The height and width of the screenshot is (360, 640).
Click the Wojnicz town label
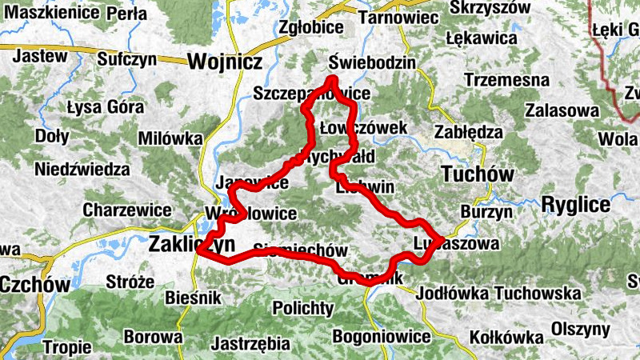coord(213,61)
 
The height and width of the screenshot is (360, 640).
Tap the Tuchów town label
coord(477,173)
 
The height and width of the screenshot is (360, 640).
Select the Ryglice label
coord(575,204)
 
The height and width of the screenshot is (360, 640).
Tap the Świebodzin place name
coord(373,63)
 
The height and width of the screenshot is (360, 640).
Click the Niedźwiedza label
coord(82,169)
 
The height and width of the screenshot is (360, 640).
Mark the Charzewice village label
coord(126,210)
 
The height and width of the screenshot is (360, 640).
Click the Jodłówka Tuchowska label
coord(498,294)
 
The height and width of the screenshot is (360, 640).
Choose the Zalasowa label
coord(565,110)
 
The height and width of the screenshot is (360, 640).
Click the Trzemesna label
coord(506,81)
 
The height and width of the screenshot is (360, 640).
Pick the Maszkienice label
coord(47,14)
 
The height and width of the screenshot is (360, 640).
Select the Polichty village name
coord(302,307)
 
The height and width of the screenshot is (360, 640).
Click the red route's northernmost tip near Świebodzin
coord(332,78)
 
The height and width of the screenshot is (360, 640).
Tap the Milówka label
coord(170,138)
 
